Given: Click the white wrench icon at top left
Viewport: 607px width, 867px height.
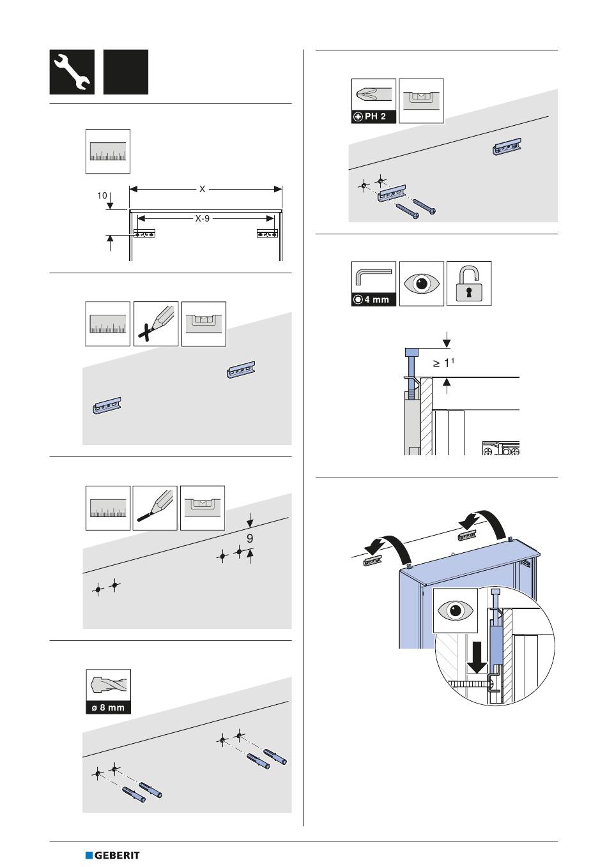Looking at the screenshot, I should click(x=72, y=72).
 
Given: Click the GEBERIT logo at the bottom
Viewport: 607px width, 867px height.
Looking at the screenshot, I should click(x=112, y=855).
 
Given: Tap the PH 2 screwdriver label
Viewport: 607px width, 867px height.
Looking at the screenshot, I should click(x=374, y=117).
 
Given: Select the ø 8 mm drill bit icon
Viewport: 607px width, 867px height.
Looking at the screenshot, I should click(x=108, y=691).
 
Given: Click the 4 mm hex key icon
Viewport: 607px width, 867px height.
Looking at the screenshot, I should click(x=373, y=283).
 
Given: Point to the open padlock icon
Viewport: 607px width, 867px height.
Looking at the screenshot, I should click(x=469, y=283).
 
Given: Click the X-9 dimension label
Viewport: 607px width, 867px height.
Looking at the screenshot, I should click(x=202, y=218).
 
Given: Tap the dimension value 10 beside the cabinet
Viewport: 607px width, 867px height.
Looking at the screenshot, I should click(x=102, y=196).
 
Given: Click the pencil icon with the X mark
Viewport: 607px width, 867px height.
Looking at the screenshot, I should click(x=156, y=324).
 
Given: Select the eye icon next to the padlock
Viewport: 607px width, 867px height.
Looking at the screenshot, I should click(x=421, y=283).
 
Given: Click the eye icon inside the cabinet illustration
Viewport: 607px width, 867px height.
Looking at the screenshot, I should click(x=454, y=610).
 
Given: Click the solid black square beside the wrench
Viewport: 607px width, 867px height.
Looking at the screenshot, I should click(x=126, y=72).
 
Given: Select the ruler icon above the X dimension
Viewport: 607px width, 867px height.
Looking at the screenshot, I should click(x=108, y=151).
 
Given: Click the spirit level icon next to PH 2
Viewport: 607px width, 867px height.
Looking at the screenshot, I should click(x=421, y=101).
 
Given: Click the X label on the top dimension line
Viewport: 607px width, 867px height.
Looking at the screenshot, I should click(x=202, y=189).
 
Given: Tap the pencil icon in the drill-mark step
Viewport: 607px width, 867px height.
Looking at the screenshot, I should click(x=155, y=508).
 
